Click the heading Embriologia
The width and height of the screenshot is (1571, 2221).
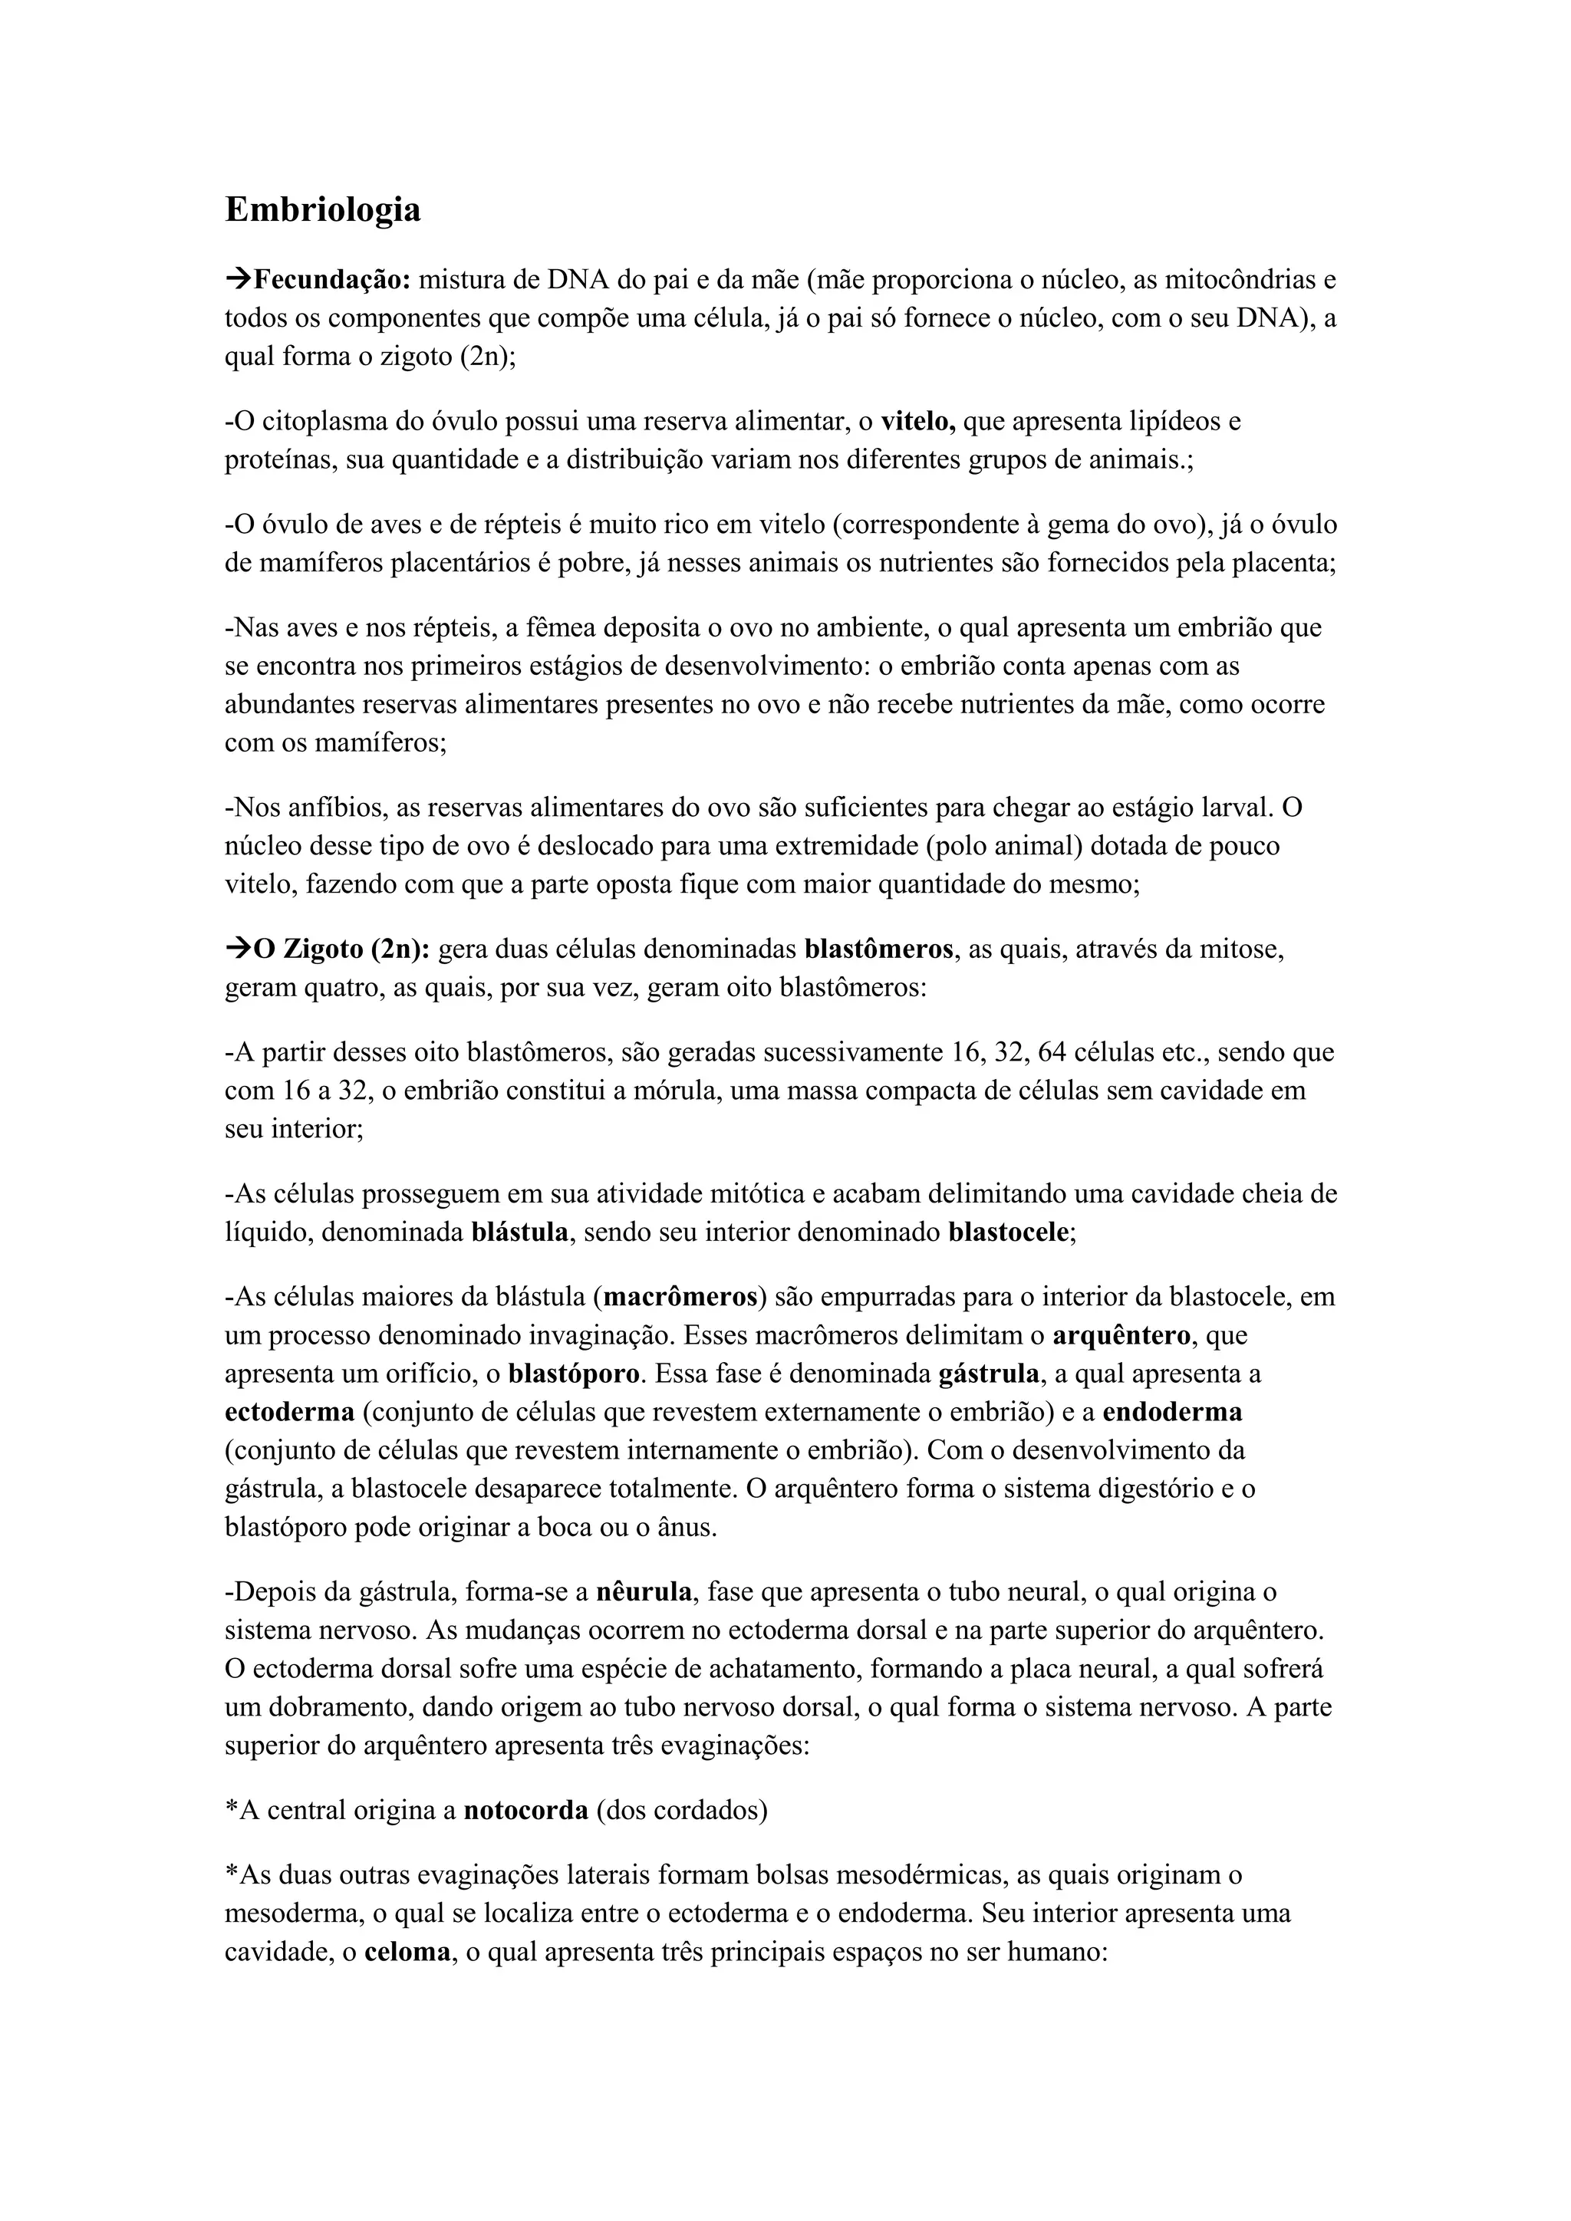[322, 210]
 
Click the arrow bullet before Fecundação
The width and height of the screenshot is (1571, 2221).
[237, 281]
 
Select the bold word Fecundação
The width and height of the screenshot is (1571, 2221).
[332, 281]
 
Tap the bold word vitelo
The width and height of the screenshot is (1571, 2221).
[918, 422]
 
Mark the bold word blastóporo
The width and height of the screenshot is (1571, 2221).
[573, 1374]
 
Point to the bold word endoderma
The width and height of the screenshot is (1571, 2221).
[1172, 1413]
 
